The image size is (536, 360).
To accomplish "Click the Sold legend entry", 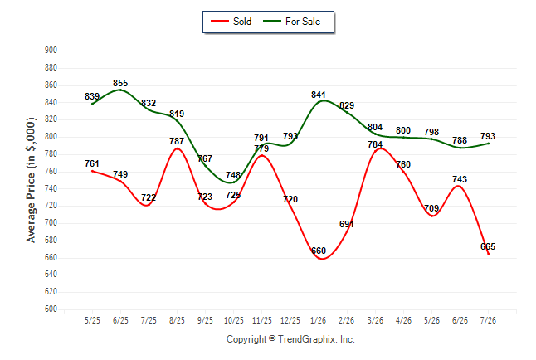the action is coord(231,22).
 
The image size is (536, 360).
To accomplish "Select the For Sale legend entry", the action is coord(291,22).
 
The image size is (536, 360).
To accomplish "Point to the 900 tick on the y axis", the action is coord(51,51).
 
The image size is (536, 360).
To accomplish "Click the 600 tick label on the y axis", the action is coord(51,309).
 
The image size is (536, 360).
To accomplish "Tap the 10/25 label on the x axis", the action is coord(234,321).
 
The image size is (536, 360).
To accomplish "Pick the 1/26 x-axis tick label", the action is coord(319,321).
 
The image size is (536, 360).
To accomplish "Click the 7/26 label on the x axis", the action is coord(488,321).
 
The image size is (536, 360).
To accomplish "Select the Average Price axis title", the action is coord(31,180).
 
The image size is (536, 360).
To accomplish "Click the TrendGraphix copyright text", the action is coord(290,339).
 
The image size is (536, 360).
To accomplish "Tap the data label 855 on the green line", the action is coord(120,83).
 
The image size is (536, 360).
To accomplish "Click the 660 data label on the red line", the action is coord(319,251).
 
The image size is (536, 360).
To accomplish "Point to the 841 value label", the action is coord(319,95).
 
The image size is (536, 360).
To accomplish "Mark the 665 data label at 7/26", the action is coord(488,246).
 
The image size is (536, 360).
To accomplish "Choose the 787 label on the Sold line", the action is coord(177,141).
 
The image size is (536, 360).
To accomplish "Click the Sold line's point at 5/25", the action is coord(92,171).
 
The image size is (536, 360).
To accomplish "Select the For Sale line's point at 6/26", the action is coord(460,148).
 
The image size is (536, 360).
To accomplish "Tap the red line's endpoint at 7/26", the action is coord(488,254).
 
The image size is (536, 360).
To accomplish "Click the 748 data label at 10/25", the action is coord(233,175).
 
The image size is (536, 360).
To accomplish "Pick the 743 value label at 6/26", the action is coord(460,179).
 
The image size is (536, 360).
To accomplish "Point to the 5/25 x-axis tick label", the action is coord(92,321).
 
